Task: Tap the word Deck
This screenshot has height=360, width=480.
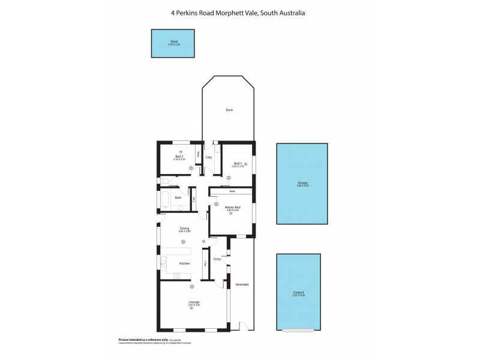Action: click(x=229, y=110)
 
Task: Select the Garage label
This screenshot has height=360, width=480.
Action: click(x=302, y=183)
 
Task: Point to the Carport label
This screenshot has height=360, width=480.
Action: click(x=298, y=292)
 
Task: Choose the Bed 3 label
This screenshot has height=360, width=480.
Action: click(x=238, y=163)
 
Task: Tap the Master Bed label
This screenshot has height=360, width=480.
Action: click(x=233, y=207)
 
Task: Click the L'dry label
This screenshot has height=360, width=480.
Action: click(x=209, y=157)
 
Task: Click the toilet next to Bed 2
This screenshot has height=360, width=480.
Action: click(x=164, y=181)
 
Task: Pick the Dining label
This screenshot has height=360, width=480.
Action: click(x=185, y=228)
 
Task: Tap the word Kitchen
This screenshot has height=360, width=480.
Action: click(x=185, y=264)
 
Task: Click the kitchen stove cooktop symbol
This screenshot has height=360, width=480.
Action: click(x=177, y=275)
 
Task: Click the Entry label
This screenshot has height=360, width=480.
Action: click(x=217, y=259)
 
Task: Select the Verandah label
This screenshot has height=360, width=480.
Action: click(x=242, y=284)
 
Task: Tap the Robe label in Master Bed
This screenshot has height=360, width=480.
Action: click(x=231, y=191)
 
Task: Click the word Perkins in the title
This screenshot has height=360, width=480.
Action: click(x=201, y=11)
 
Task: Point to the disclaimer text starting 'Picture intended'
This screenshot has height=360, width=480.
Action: click(x=139, y=340)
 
